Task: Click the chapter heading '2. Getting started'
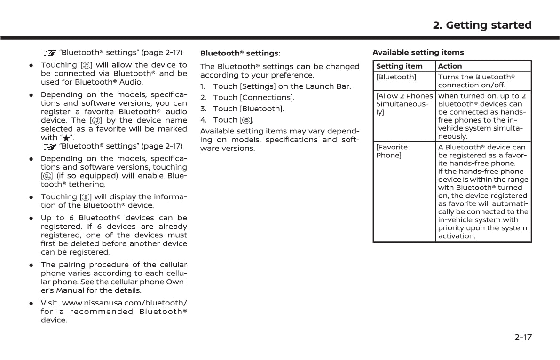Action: pos(482,25)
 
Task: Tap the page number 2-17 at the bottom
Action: pos(523,337)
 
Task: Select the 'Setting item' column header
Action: pos(399,66)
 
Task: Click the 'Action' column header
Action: pos(450,66)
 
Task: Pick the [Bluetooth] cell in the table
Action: pos(396,77)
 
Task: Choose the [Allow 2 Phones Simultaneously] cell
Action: pos(404,104)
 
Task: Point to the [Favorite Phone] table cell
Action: pos(392,151)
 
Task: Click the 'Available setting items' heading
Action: pos(418,52)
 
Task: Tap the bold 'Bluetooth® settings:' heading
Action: pos(240,53)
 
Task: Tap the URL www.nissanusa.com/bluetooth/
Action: pos(124,303)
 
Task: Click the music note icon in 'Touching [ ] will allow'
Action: pos(87,65)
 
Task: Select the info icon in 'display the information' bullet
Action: pos(87,197)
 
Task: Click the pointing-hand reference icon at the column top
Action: pos(50,53)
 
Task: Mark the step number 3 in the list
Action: pos(203,109)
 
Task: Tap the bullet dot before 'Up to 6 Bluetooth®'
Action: pos(31,218)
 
